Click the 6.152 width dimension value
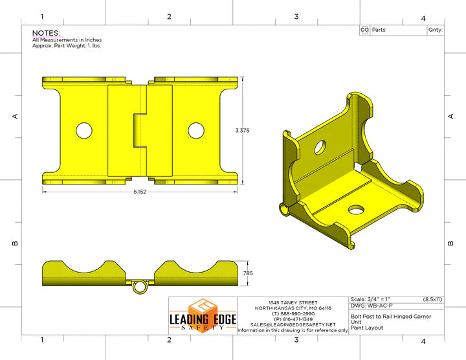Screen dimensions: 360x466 [x=140, y=192]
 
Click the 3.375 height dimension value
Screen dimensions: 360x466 [x=242, y=130]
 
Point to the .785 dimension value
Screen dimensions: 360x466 [x=247, y=274]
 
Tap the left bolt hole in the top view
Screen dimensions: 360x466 [x=83, y=130]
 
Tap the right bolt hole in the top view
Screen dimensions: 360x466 [x=196, y=130]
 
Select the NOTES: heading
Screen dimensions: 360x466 [x=46, y=33]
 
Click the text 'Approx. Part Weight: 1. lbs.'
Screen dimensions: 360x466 [x=67, y=46]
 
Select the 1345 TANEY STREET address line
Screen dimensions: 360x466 [x=293, y=302]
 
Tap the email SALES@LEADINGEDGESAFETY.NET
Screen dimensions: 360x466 [x=293, y=324]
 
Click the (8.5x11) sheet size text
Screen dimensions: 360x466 [x=432, y=299]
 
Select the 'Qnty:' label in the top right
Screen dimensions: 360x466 [x=435, y=30]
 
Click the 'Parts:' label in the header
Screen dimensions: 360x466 [x=379, y=30]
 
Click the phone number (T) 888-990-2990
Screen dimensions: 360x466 [x=293, y=313]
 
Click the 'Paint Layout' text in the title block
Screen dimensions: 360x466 [x=367, y=328]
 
